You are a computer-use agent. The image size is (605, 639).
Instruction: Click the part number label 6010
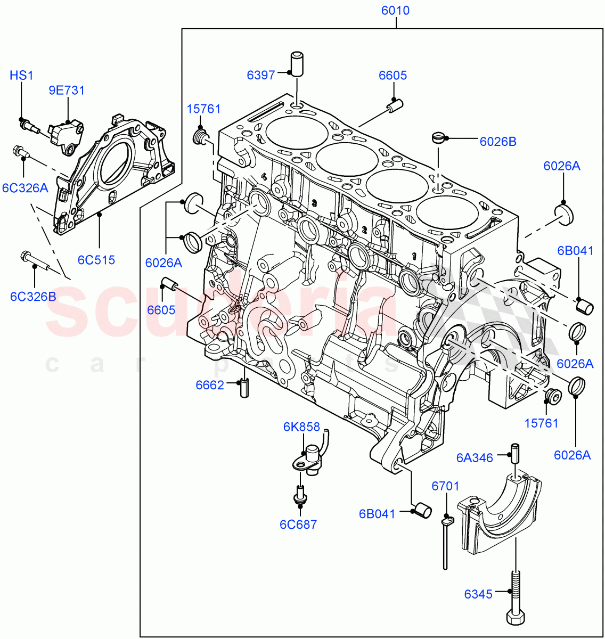tap(395, 11)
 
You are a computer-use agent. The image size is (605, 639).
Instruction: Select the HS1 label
tap(21, 75)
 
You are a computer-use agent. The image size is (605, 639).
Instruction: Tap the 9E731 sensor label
tap(67, 90)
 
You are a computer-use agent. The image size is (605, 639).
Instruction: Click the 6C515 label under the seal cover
tap(96, 260)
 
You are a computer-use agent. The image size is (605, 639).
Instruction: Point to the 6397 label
tap(261, 75)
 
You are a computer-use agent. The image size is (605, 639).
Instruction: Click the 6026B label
tap(498, 141)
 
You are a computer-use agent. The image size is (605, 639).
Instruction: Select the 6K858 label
tap(301, 427)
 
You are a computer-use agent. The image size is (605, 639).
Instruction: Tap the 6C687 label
tap(298, 525)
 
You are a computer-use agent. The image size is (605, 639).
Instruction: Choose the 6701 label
tap(445, 486)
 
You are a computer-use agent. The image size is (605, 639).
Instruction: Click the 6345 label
tap(478, 594)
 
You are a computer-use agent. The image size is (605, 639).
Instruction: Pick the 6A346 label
tap(475, 457)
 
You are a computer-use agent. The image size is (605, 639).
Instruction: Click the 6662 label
tap(210, 385)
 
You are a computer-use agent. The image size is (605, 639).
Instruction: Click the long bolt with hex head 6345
tap(516, 596)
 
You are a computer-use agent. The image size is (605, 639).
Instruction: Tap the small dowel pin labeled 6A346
tap(516, 453)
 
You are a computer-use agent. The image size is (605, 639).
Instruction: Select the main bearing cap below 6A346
tap(501, 511)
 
